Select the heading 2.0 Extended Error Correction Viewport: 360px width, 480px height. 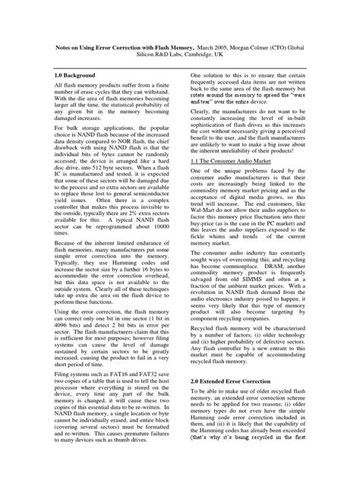236,378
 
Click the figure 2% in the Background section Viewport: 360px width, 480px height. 136,215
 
